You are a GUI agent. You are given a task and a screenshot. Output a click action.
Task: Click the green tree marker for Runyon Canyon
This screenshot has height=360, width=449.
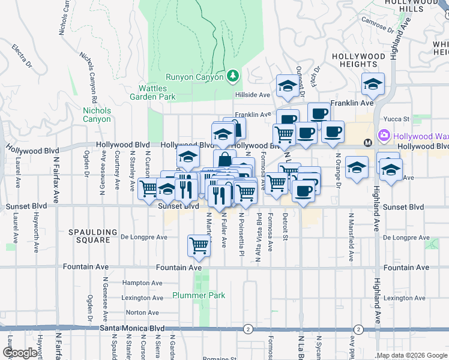(234, 76)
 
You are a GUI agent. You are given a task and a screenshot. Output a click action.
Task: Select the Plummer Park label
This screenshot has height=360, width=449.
(199, 295)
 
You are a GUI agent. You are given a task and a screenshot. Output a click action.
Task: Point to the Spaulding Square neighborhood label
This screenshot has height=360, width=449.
(92, 236)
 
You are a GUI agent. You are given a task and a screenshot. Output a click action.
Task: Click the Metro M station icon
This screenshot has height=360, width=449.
(368, 143)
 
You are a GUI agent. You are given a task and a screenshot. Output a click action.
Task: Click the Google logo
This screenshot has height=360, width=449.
(19, 353)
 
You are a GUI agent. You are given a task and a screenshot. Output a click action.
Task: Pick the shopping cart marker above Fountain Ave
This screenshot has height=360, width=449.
(198, 245)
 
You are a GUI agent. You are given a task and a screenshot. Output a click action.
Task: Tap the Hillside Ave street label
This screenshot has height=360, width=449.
(253, 95)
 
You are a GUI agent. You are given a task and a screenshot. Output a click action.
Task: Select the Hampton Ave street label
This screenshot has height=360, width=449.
(142, 283)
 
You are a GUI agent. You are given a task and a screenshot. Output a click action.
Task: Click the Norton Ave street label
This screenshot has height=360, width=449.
(142, 313)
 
